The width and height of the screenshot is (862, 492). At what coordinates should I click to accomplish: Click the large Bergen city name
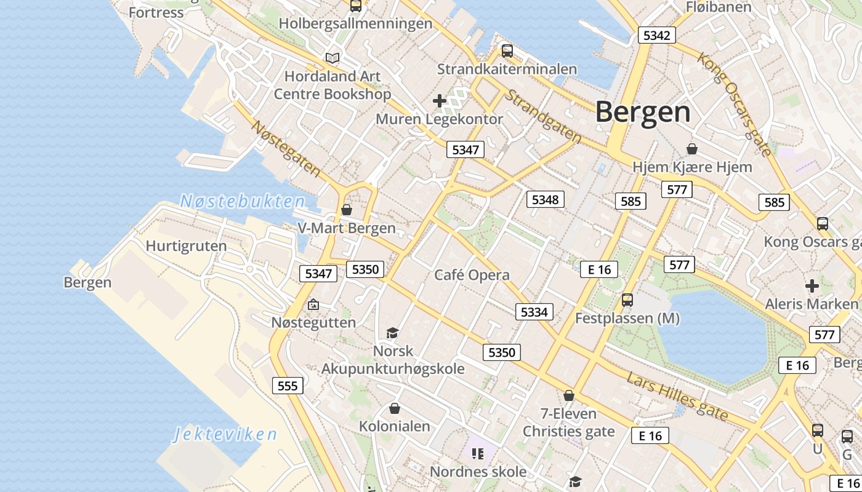pyautogui.click(x=643, y=113)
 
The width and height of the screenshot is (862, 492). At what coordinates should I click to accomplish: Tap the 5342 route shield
pyautogui.click(x=656, y=35)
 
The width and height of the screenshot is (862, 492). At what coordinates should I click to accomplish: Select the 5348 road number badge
pyautogui.click(x=545, y=199)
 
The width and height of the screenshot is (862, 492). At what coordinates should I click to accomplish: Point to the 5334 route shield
pyautogui.click(x=534, y=312)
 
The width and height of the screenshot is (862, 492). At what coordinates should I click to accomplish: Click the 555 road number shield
pyautogui.click(x=288, y=386)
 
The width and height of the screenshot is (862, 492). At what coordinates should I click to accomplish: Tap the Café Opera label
pyautogui.click(x=472, y=275)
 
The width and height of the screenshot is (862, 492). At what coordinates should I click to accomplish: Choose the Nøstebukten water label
pyautogui.click(x=243, y=201)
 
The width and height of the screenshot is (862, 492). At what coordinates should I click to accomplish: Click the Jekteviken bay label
pyautogui.click(x=225, y=435)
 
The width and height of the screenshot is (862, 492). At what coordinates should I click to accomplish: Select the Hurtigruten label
pyautogui.click(x=186, y=246)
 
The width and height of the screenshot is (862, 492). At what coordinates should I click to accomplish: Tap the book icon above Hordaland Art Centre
pyautogui.click(x=332, y=58)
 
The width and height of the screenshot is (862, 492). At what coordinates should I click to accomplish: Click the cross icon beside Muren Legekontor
pyautogui.click(x=440, y=100)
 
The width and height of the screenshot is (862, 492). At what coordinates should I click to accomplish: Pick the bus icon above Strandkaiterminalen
pyautogui.click(x=507, y=51)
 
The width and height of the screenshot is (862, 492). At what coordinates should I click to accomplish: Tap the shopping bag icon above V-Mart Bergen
pyautogui.click(x=347, y=210)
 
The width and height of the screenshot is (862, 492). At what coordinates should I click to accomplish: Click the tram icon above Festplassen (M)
pyautogui.click(x=627, y=300)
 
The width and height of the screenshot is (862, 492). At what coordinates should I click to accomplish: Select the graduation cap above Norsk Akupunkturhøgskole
pyautogui.click(x=392, y=333)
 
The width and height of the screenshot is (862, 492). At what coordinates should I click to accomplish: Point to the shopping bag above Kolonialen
pyautogui.click(x=395, y=408)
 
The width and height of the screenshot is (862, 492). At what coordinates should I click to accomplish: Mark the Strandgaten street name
pyautogui.click(x=542, y=117)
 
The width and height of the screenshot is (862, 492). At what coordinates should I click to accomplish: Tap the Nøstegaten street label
pyautogui.click(x=286, y=148)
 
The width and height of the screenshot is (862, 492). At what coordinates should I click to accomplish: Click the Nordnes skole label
pyautogui.click(x=478, y=472)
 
